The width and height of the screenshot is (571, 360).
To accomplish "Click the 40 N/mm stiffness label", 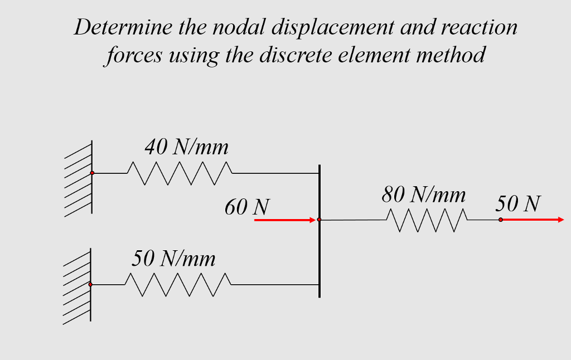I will (x=186, y=147).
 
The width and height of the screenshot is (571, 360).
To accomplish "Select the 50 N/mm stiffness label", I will (x=173, y=259).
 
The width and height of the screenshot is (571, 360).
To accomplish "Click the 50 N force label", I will (x=517, y=203).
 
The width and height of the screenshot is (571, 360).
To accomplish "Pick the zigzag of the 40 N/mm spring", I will (x=180, y=173).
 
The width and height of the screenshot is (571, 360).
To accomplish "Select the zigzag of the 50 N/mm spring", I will (x=177, y=284).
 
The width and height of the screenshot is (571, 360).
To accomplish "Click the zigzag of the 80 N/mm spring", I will (x=427, y=220).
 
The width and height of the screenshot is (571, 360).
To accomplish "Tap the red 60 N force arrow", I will (x=284, y=220).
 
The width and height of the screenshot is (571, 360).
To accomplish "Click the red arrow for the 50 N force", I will (x=533, y=220).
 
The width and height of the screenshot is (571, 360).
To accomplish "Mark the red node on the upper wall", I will (x=92, y=173).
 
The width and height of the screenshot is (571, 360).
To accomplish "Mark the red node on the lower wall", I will (x=90, y=284).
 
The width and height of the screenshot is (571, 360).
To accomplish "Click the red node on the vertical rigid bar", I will (x=319, y=220).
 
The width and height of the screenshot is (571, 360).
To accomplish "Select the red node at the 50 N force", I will (x=501, y=220).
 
